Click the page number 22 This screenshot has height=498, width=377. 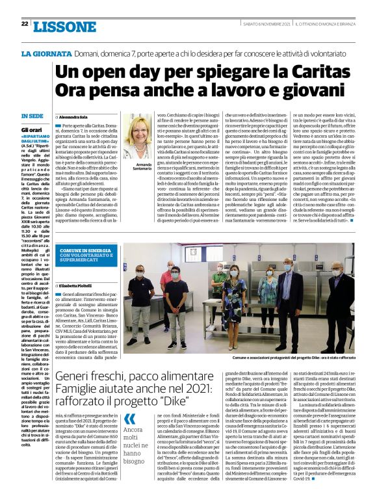24,23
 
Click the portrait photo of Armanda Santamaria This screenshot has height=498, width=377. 141,137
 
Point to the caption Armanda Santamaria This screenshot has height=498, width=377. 141,168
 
